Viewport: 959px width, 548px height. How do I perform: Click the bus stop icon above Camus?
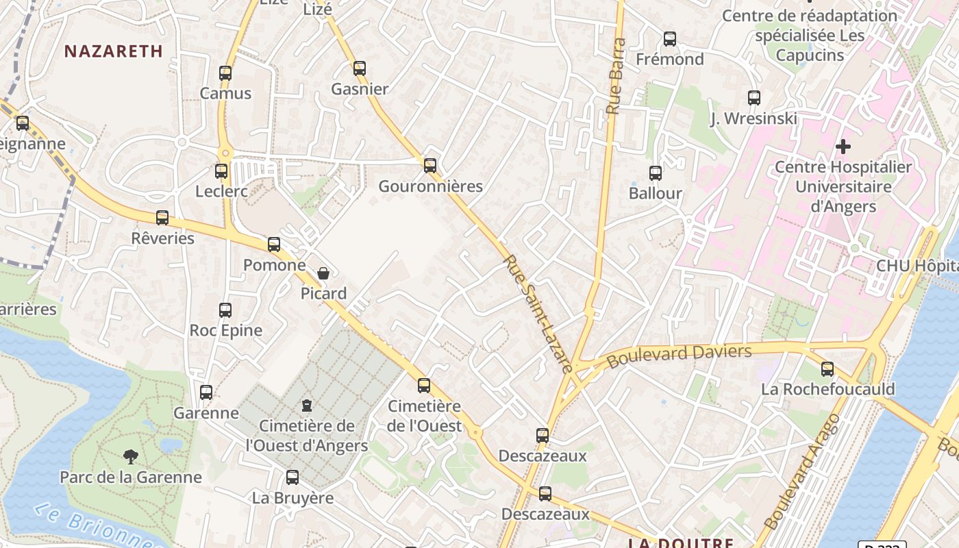225,73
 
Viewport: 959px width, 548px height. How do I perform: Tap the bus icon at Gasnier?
360,68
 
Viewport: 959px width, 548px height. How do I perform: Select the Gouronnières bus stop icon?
430,166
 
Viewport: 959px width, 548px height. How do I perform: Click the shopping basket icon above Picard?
323,273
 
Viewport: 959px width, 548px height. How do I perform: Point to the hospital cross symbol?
843,146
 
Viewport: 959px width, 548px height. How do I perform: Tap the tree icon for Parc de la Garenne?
130,457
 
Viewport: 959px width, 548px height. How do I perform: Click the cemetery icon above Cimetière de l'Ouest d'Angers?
307,406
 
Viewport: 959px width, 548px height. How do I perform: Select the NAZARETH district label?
114,51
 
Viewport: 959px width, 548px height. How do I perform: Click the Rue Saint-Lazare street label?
538,314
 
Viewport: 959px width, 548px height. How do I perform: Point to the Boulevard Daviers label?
680,356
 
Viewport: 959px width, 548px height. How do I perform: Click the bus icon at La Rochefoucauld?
827,369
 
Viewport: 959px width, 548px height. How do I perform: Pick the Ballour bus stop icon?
656,173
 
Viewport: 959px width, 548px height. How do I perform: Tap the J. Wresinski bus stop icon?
754,98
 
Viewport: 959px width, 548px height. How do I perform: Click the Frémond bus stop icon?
670,39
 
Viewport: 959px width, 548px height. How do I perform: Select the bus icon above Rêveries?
162,218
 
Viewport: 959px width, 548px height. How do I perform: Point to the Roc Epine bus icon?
225,310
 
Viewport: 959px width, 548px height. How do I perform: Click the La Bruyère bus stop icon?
292,477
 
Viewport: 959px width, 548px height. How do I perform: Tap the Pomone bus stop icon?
274,245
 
